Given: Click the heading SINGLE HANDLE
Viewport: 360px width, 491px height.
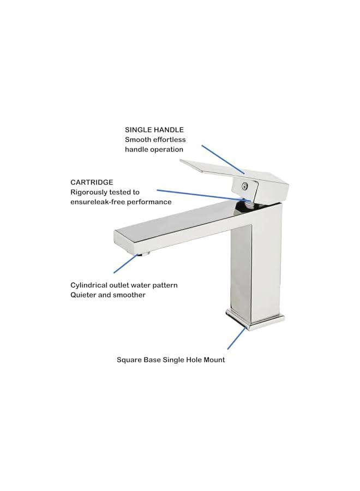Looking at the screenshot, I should tap(154, 130).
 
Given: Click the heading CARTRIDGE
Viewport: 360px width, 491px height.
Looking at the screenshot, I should tap(92, 182).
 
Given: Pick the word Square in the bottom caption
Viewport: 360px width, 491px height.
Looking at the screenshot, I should tap(129, 360).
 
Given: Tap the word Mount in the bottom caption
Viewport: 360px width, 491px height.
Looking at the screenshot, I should tap(213, 360).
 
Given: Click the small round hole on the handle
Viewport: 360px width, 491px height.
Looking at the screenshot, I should tap(245, 185).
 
